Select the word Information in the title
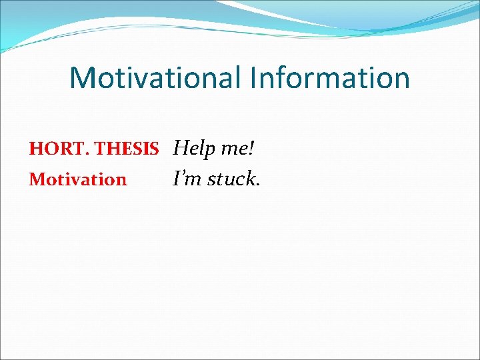pos(330,77)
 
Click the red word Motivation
pos(77,179)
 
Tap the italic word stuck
pos(231,179)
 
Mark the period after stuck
pos(257,185)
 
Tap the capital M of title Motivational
pos(83,77)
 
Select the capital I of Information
pos(254,77)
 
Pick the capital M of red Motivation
pos(36,179)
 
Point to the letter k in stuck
pos(249,179)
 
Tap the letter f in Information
pos(282,77)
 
